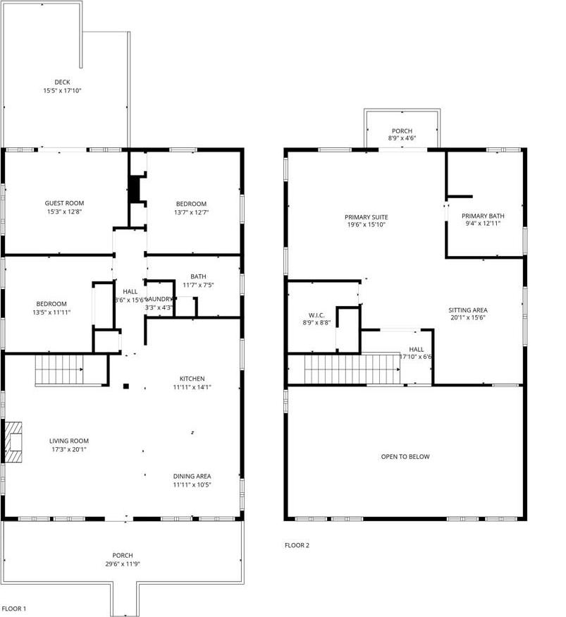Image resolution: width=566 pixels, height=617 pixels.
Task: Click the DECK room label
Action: (62, 82)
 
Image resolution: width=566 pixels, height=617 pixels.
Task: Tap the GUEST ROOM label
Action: (64, 203)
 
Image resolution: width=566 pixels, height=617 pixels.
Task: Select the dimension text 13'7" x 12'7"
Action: (192, 212)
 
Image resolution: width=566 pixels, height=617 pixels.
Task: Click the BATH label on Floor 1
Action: (198, 276)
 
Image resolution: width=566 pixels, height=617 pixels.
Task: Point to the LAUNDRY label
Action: (159, 298)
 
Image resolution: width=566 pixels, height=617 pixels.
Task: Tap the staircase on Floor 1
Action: (60, 369)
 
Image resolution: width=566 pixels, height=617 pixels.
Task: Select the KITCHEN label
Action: (192, 379)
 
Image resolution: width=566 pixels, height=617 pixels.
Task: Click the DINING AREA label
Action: (192, 476)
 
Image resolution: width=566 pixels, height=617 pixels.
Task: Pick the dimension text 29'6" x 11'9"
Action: (123, 564)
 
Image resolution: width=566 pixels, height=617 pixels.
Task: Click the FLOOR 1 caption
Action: (14, 608)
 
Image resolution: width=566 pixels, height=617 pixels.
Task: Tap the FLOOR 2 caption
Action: (297, 545)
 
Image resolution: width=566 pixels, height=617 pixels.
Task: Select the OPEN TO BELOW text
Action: (405, 457)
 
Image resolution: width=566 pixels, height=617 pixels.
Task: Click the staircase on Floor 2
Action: (352, 369)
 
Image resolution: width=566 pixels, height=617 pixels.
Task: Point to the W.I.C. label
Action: (315, 315)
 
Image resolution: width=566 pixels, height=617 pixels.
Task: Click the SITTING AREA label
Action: (468, 310)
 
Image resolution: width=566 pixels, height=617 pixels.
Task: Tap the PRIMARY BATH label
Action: (483, 216)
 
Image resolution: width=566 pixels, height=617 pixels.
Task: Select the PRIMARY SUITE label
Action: (366, 217)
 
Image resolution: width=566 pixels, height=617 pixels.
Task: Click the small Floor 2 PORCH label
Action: (402, 130)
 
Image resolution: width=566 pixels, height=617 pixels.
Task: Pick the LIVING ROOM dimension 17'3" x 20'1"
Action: (68, 449)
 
